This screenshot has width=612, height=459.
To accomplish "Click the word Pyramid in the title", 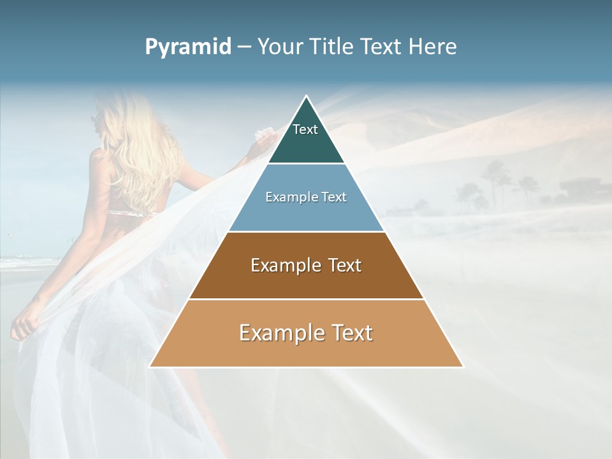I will (x=188, y=47).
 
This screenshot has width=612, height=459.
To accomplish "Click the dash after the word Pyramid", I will (x=244, y=47).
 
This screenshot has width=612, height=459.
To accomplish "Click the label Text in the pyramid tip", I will (x=305, y=129).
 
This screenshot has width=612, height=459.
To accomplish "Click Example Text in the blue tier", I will (x=306, y=197).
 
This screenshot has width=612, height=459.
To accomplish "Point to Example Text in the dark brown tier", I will (x=306, y=265).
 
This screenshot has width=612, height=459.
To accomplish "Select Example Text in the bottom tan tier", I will (x=306, y=333).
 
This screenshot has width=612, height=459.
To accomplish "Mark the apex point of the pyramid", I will (x=306, y=96).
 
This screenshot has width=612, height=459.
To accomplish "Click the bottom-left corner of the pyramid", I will (x=150, y=367).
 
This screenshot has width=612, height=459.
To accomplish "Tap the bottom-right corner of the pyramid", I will (x=463, y=367).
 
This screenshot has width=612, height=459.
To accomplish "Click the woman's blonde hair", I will (x=137, y=147).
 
